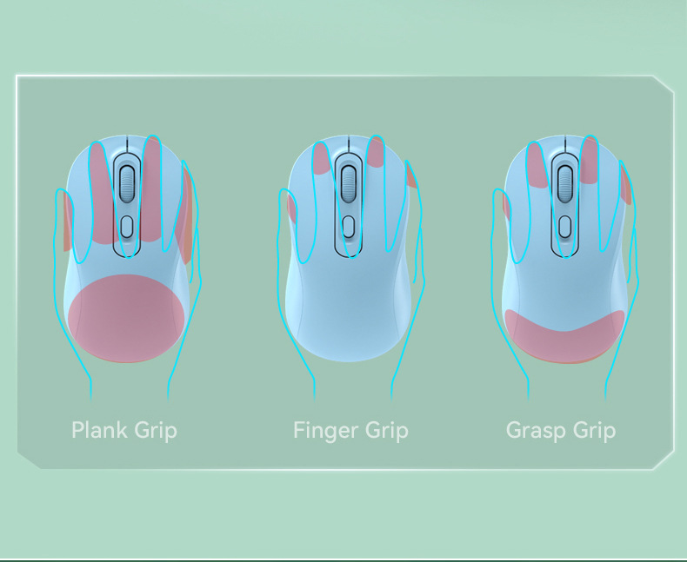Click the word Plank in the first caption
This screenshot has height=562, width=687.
click(99, 429)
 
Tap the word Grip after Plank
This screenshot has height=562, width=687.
click(156, 430)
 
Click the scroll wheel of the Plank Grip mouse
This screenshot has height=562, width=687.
click(127, 183)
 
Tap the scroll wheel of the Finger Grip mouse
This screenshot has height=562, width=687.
click(349, 182)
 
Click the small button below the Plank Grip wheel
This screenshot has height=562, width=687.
click(127, 227)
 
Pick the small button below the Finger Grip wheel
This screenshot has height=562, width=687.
click(349, 227)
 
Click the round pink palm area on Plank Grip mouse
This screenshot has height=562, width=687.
click(128, 318)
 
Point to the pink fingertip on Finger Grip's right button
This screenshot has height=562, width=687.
click(376, 154)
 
